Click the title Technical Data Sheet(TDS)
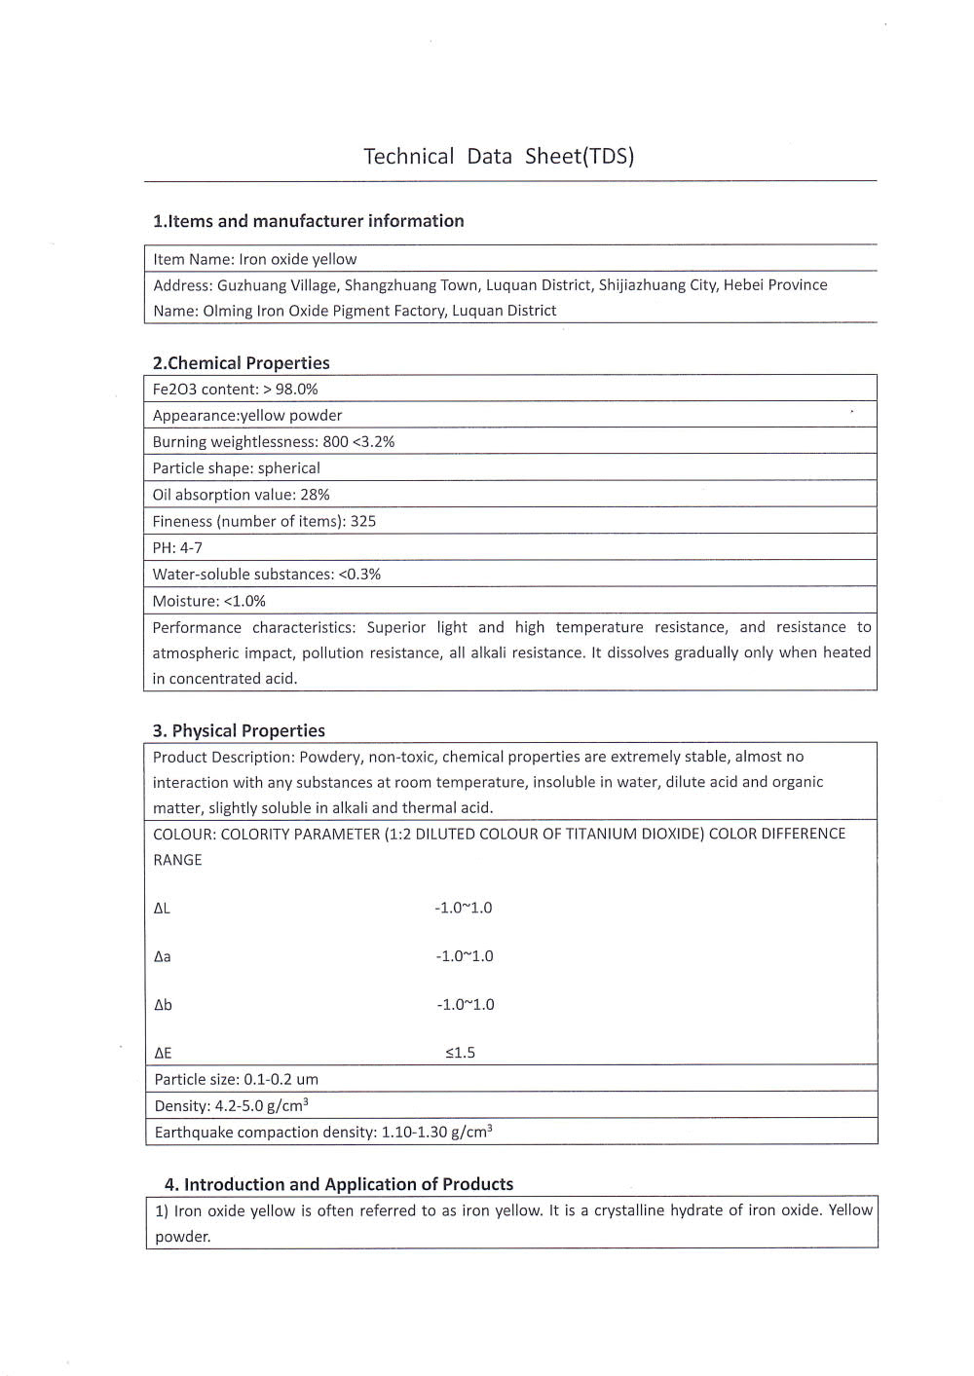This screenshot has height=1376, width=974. (x=499, y=157)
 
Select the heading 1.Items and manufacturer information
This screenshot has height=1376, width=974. (x=308, y=221)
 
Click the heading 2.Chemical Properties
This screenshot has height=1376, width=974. (x=241, y=363)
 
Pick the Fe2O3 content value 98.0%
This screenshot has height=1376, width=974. (x=297, y=390)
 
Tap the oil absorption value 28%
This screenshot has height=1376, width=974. (x=315, y=495)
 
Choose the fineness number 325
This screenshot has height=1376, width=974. (x=363, y=521)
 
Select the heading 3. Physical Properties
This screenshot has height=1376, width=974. (x=239, y=730)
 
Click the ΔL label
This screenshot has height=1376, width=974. (x=162, y=909)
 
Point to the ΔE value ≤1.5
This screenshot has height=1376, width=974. (x=461, y=1053)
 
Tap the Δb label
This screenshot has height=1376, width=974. (x=163, y=1005)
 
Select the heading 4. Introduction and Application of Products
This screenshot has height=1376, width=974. (x=338, y=1184)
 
